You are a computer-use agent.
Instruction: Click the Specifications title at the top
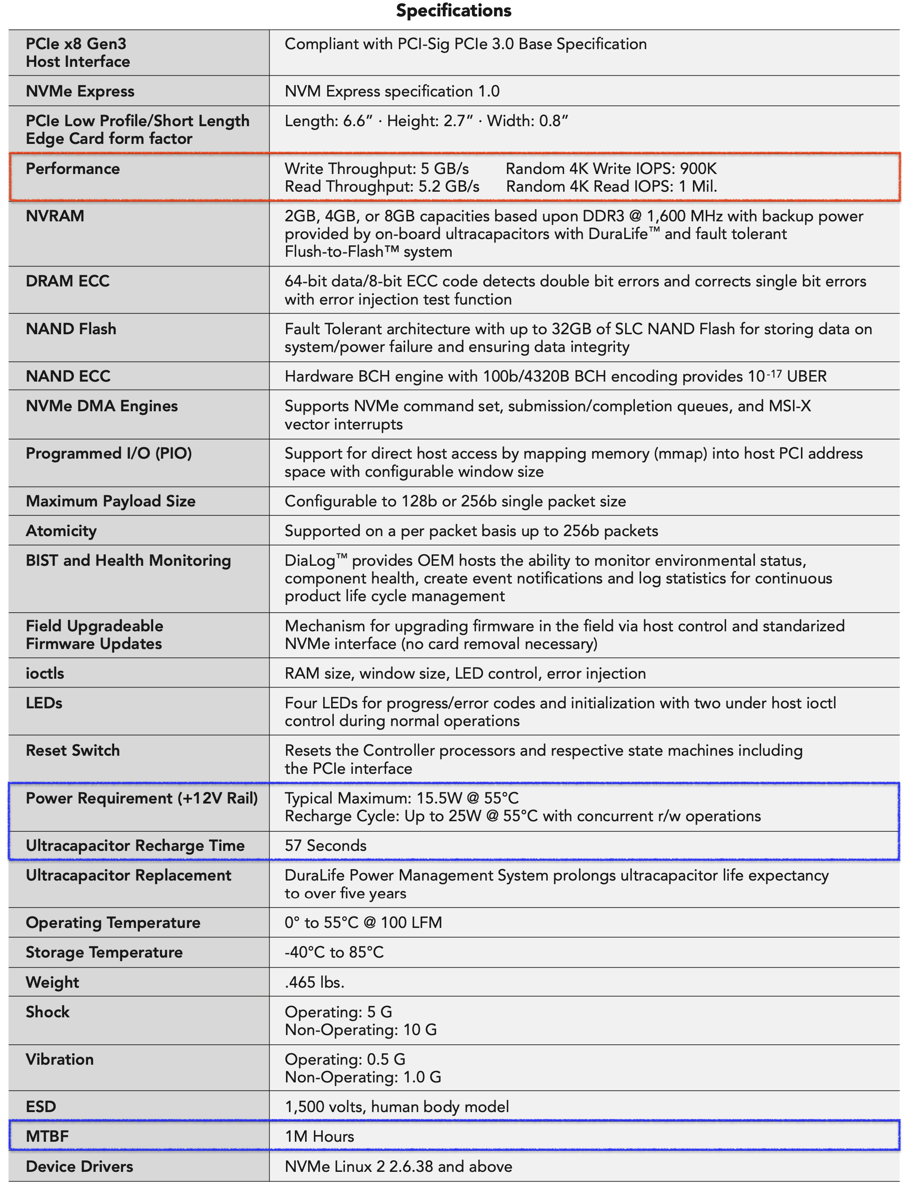pyautogui.click(x=453, y=11)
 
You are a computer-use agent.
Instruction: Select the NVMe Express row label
pyautogui.click(x=80, y=91)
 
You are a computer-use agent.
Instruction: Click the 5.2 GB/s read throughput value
pyautogui.click(x=449, y=187)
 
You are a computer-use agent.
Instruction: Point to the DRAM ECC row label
pyautogui.click(x=68, y=281)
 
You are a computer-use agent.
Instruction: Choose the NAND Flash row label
pyautogui.click(x=71, y=329)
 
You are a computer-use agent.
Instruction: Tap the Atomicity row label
pyautogui.click(x=61, y=531)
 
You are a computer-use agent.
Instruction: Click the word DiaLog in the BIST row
pyautogui.click(x=310, y=561)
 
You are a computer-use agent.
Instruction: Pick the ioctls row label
pyautogui.click(x=45, y=673)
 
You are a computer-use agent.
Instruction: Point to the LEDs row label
pyautogui.click(x=44, y=703)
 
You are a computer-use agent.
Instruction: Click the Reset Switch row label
pyautogui.click(x=73, y=750)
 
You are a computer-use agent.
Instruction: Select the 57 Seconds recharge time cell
pyautogui.click(x=326, y=846)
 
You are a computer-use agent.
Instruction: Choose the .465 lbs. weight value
pyautogui.click(x=314, y=982)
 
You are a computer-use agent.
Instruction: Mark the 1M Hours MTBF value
pyautogui.click(x=319, y=1136)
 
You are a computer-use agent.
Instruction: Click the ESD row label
pyautogui.click(x=41, y=1107)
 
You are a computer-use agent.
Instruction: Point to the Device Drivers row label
pyautogui.click(x=79, y=1167)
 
